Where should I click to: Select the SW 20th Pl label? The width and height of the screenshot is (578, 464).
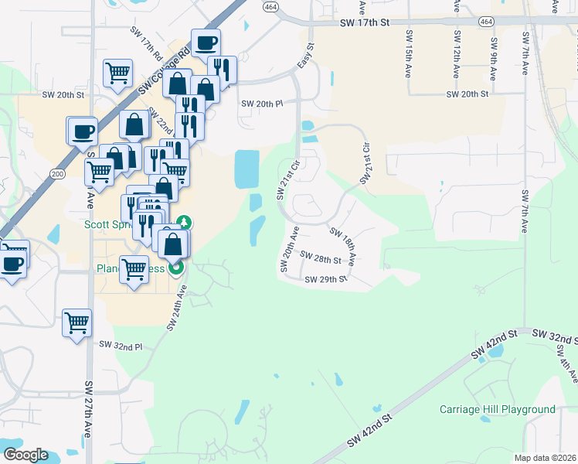263,104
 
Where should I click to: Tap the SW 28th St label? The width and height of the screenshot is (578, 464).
321,258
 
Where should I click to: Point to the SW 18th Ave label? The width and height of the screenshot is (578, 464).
342,246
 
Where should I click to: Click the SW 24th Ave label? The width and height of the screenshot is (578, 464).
178,307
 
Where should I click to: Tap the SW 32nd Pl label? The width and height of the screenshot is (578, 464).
121,346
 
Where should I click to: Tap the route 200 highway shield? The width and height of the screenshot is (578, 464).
56,173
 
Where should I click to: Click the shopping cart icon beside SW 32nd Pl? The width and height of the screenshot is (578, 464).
77,323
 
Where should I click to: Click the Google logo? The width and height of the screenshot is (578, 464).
25,454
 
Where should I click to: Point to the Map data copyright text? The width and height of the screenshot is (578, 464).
545,458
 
